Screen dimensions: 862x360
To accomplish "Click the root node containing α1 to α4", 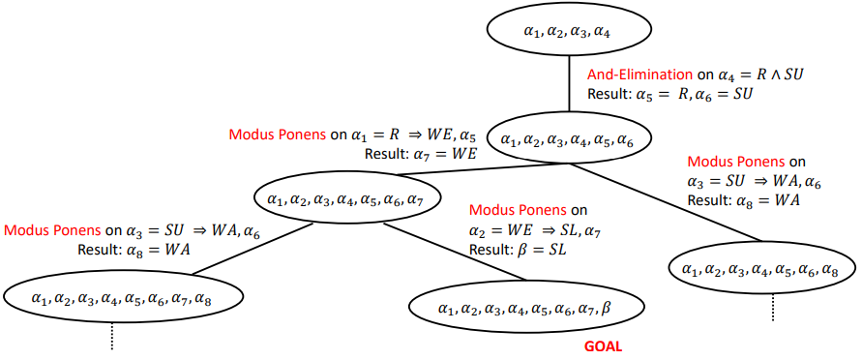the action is tap(567, 32).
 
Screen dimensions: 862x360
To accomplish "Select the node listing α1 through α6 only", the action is tap(567, 140).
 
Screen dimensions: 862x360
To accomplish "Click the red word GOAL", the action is tap(603, 346).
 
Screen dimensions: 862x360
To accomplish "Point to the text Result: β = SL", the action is tap(518, 249).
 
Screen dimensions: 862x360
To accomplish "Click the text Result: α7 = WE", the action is tap(420, 153).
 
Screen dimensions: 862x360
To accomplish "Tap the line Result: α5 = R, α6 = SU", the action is tap(669, 94).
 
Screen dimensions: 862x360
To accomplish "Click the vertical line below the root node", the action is tap(567, 86).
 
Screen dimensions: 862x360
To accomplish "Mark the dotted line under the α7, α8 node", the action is tap(111, 336).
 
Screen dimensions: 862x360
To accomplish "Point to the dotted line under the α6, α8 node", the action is tap(772, 307).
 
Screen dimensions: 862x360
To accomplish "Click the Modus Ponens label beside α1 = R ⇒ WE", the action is tap(277, 135).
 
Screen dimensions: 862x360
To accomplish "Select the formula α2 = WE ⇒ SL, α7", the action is tap(535, 230).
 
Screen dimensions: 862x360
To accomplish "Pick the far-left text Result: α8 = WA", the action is tap(134, 249).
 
